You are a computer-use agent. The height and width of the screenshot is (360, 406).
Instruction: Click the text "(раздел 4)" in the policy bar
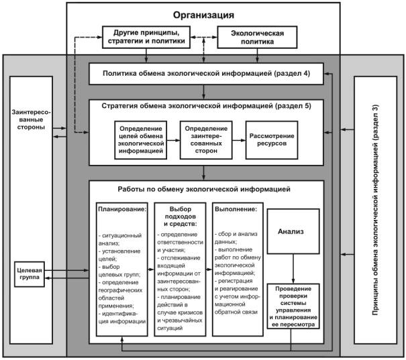coord(289,73)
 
